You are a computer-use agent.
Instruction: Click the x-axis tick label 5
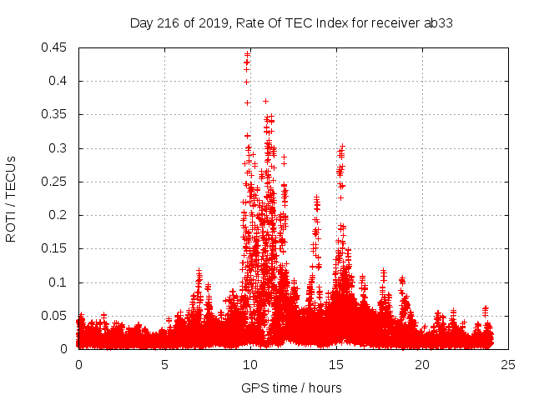(x=164, y=364)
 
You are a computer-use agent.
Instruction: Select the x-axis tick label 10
(x=250, y=364)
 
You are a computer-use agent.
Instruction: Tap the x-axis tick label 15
(x=336, y=364)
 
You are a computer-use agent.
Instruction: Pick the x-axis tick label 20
(x=422, y=364)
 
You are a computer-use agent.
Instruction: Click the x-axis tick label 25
(x=508, y=364)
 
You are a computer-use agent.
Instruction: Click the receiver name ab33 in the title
(x=441, y=22)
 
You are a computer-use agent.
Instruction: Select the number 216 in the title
(x=170, y=22)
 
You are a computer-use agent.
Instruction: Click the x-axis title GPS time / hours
(x=291, y=387)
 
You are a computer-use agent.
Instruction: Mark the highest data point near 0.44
(x=247, y=54)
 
